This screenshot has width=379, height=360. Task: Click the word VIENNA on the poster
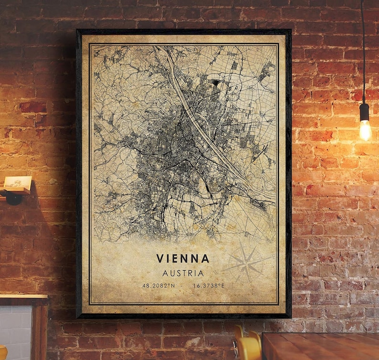[182, 258]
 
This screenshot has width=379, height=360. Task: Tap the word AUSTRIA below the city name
[183, 274]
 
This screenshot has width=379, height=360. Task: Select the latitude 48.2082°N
[158, 286]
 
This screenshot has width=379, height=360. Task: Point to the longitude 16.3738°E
[209, 286]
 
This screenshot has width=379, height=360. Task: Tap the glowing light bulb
[365, 129]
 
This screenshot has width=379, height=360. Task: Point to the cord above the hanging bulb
[363, 48]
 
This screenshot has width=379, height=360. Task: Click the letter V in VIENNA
[159, 258]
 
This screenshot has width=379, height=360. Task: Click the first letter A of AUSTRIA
[165, 274]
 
